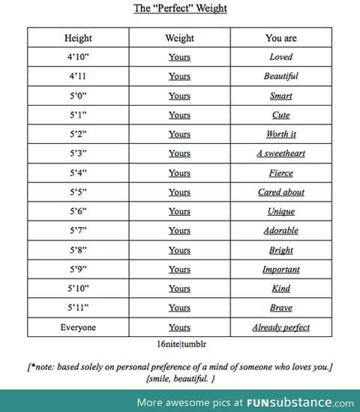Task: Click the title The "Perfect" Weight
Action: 180,8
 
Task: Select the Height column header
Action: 78,37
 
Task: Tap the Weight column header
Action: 179,37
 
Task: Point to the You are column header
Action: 280,37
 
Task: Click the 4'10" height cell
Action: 78,57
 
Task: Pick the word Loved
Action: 280,57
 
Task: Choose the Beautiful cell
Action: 280,76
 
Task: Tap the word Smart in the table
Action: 280,96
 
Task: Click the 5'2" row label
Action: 78,134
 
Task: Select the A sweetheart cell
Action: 280,154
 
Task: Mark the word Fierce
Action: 280,173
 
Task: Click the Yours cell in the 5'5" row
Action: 179,193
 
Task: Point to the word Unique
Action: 280,212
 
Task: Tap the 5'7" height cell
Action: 78,231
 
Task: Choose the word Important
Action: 280,270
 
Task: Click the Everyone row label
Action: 78,327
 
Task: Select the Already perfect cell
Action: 280,327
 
